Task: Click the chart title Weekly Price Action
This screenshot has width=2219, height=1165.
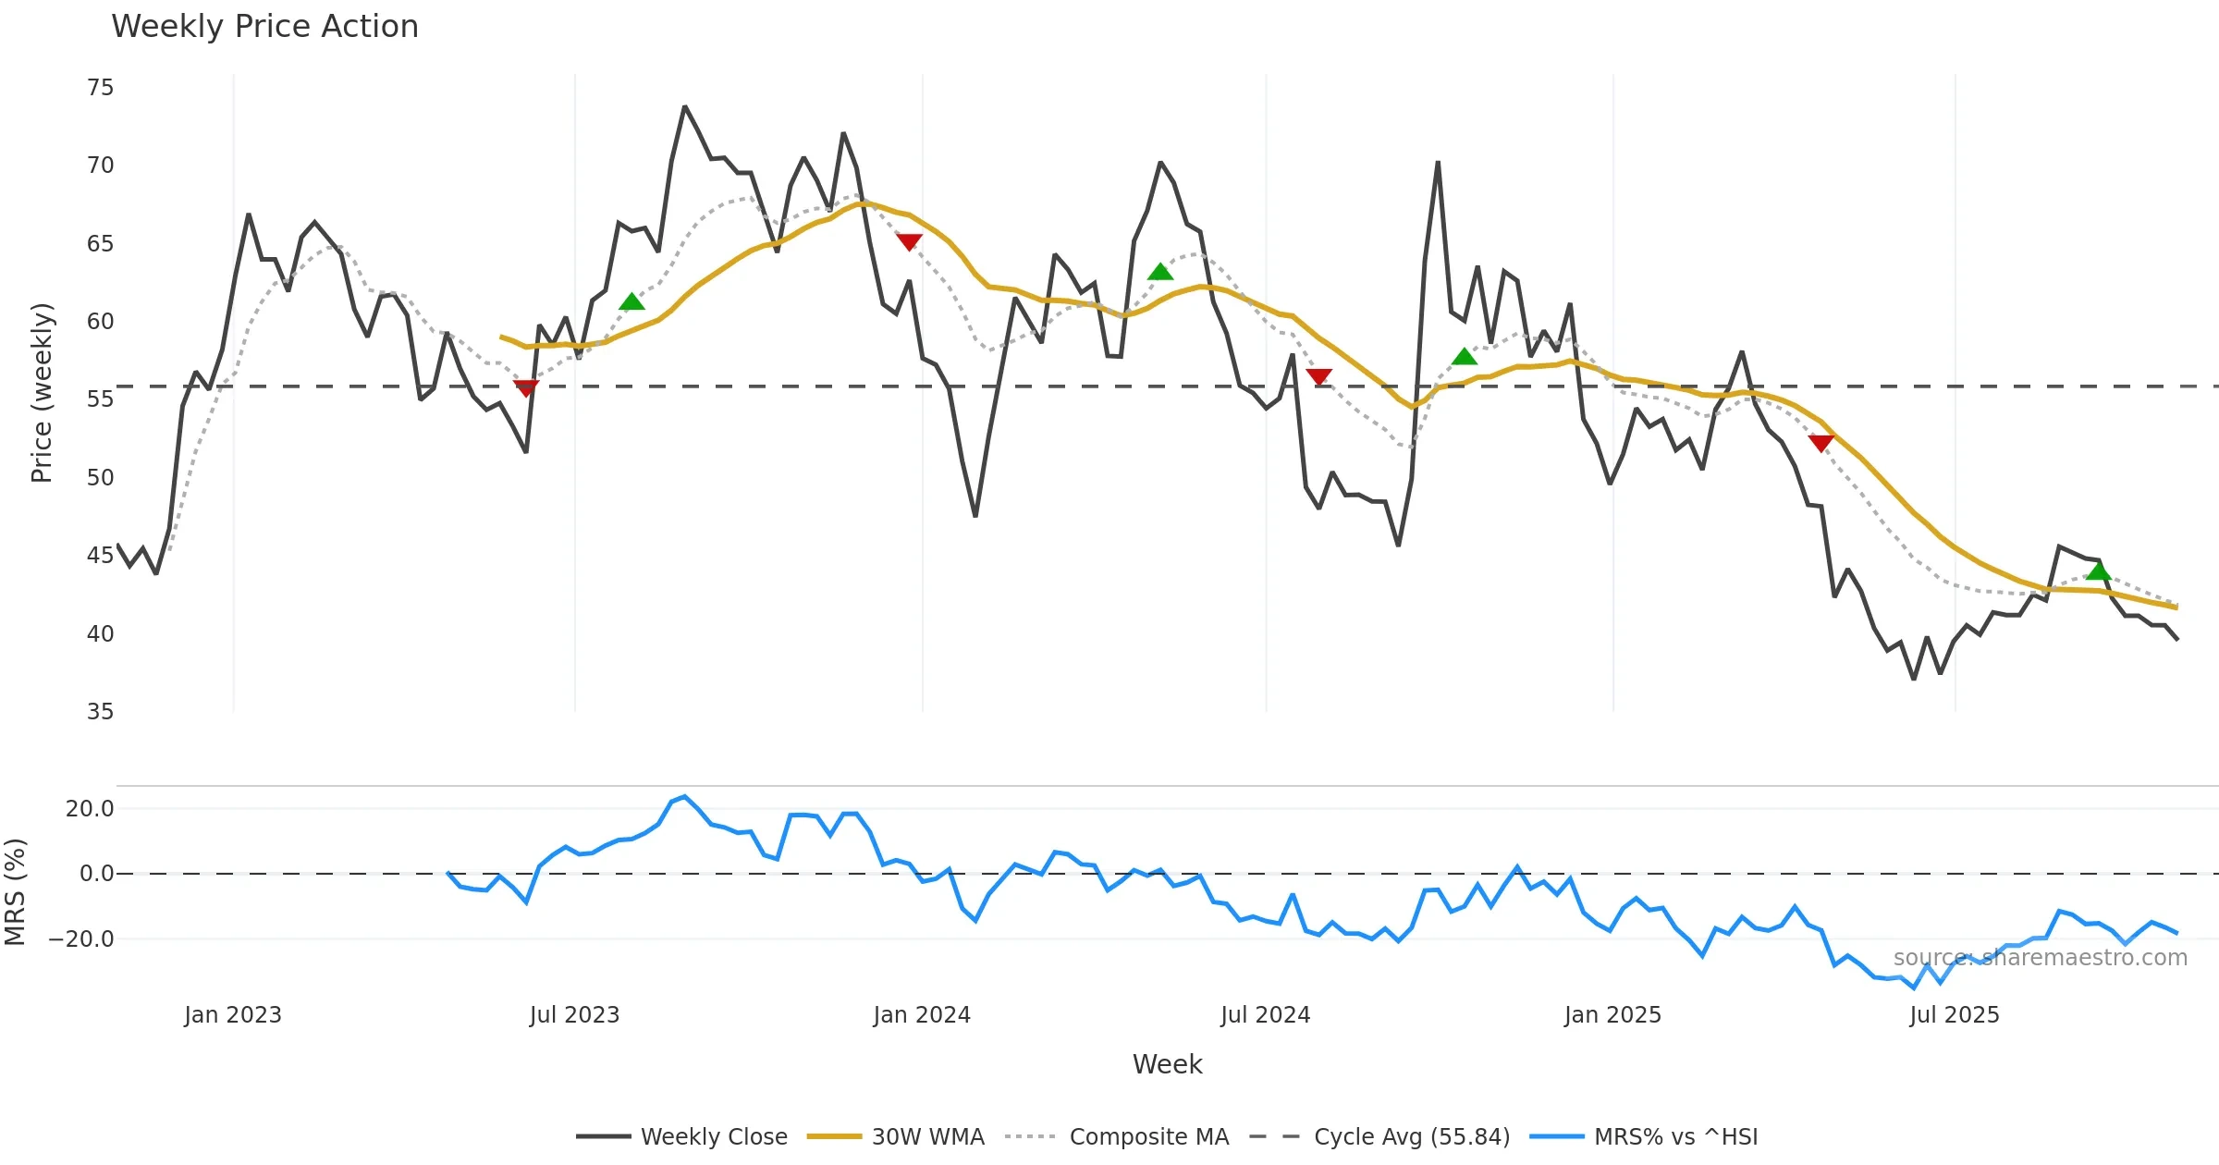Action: point(264,27)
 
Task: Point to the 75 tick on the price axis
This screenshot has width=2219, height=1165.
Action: point(100,88)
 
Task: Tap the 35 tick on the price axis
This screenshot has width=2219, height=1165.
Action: point(100,712)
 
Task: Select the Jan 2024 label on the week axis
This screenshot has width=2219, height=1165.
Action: point(921,1015)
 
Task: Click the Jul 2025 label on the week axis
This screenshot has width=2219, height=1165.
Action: point(1954,1015)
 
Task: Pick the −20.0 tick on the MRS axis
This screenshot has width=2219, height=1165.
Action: point(81,939)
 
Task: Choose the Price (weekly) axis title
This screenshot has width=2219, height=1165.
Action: point(43,393)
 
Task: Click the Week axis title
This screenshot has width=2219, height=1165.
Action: point(1167,1065)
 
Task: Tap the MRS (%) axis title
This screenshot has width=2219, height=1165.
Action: point(16,892)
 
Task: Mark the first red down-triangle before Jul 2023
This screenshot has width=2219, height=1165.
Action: point(526,388)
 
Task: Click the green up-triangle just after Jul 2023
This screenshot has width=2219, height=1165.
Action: point(631,302)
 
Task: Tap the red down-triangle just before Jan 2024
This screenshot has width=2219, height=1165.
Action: point(909,242)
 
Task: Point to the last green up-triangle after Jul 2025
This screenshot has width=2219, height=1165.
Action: point(2099,571)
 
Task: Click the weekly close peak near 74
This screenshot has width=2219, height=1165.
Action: point(685,107)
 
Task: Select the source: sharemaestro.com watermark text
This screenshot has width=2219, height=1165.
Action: point(2040,958)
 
